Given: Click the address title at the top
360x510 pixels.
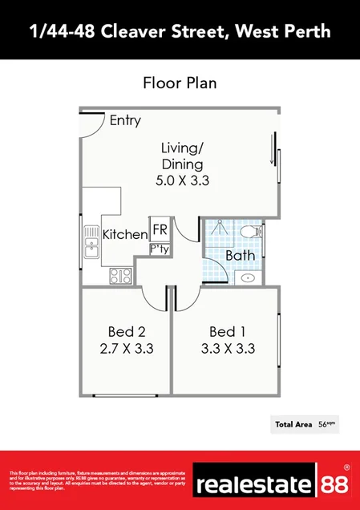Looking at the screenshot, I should [x=180, y=31].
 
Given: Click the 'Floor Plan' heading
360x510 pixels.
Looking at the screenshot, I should [x=180, y=83].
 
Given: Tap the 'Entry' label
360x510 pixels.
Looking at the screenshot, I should [x=125, y=121].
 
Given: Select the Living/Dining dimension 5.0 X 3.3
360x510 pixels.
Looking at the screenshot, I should [x=182, y=181].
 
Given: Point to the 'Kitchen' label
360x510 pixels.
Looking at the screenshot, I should [x=124, y=235].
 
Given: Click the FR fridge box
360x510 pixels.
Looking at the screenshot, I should [x=160, y=228].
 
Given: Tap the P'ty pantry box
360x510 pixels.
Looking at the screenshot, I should [x=160, y=249].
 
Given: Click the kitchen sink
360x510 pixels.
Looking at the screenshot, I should [x=90, y=244].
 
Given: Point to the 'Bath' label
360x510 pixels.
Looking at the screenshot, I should [x=240, y=256].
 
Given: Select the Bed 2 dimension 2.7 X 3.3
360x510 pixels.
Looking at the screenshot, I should [x=126, y=349].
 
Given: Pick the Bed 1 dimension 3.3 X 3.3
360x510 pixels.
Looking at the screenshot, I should [x=228, y=349].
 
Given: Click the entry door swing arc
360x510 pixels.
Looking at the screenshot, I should [x=95, y=125].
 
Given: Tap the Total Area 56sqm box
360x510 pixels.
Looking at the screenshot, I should [x=304, y=423].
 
